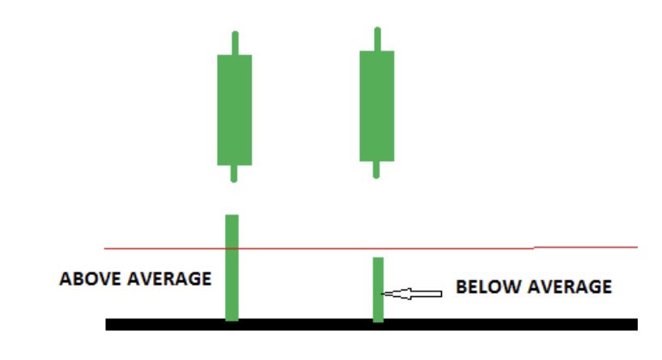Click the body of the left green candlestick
coord(235,109)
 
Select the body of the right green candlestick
coord(376,105)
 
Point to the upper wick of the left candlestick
coord(235,43)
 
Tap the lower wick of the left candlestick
coord(235,173)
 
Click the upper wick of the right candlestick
coord(377,39)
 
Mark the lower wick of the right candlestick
coord(376,169)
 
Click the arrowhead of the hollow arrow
coord(388,294)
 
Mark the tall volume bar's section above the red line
coord(232,231)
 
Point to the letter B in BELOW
coord(460,286)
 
